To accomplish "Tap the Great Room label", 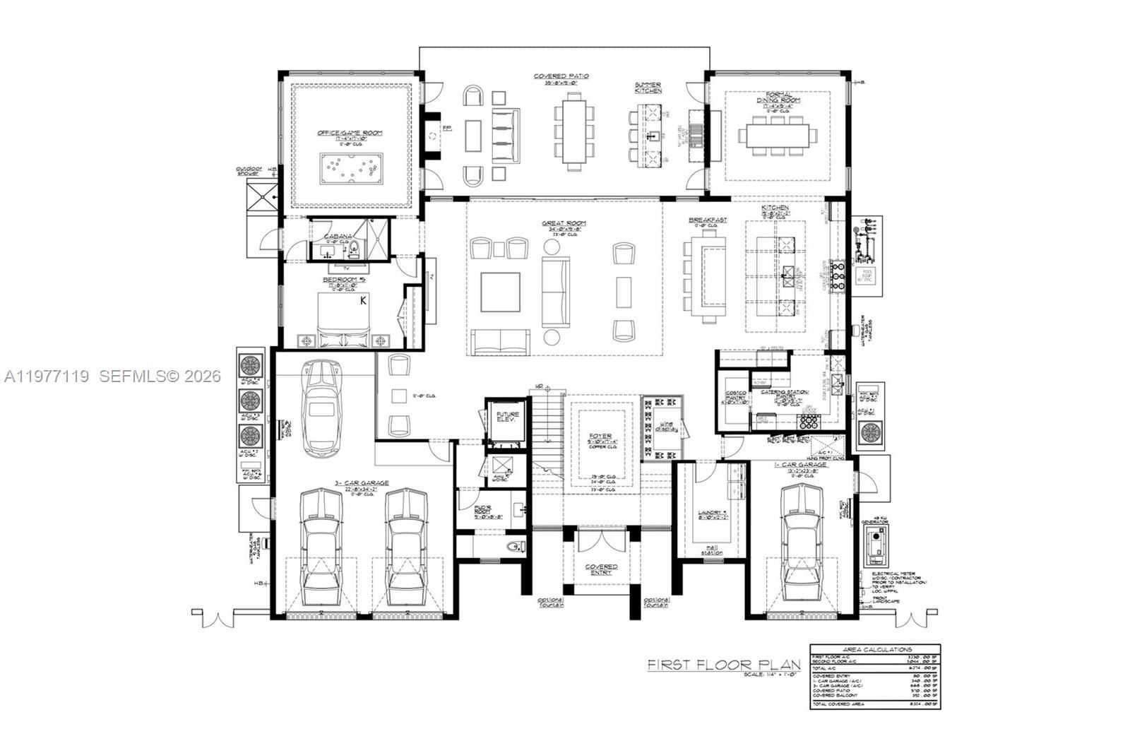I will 564,224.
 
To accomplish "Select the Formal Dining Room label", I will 774,97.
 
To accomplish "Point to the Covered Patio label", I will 561,76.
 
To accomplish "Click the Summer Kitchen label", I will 648,88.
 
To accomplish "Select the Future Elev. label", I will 507,417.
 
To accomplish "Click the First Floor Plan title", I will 725,665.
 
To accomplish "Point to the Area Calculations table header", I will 876,649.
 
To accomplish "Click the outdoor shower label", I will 249,171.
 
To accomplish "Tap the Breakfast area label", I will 708,220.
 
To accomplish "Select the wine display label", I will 666,425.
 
